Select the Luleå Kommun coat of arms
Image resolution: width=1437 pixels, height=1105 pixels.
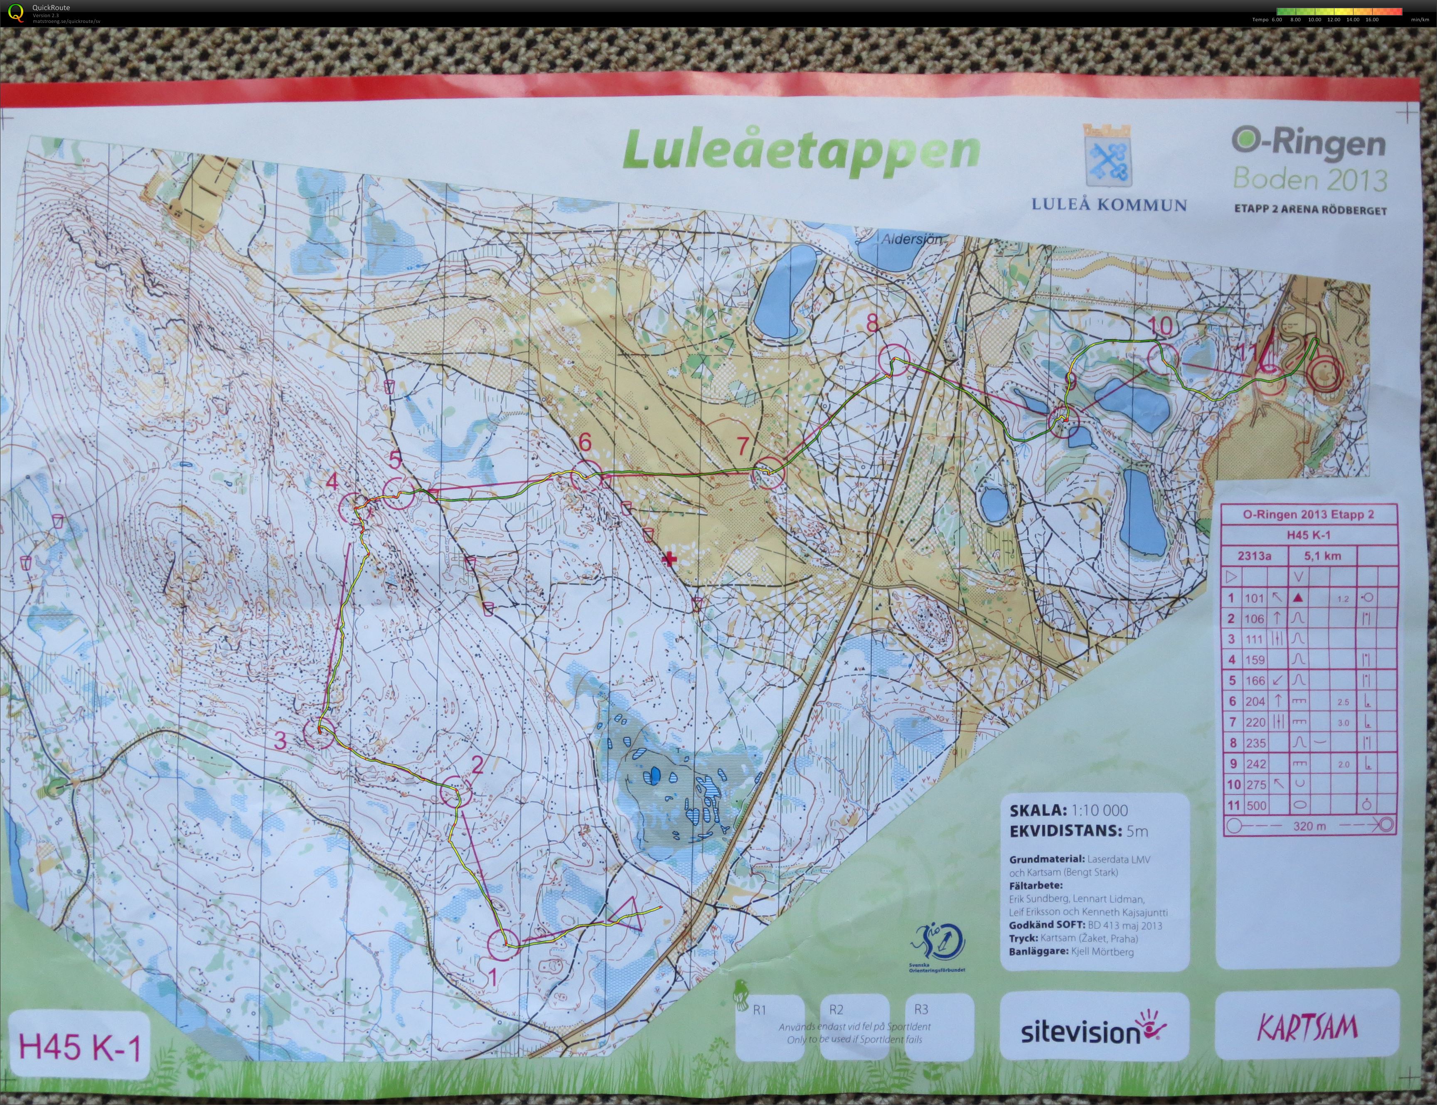click(1109, 155)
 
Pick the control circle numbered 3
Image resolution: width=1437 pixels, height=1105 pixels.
click(320, 732)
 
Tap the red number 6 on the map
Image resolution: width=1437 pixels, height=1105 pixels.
click(586, 442)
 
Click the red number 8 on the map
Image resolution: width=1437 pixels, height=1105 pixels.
click(873, 323)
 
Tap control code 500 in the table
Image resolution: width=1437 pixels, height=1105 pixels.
click(1255, 805)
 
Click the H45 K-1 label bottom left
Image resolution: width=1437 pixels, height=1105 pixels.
click(80, 1048)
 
